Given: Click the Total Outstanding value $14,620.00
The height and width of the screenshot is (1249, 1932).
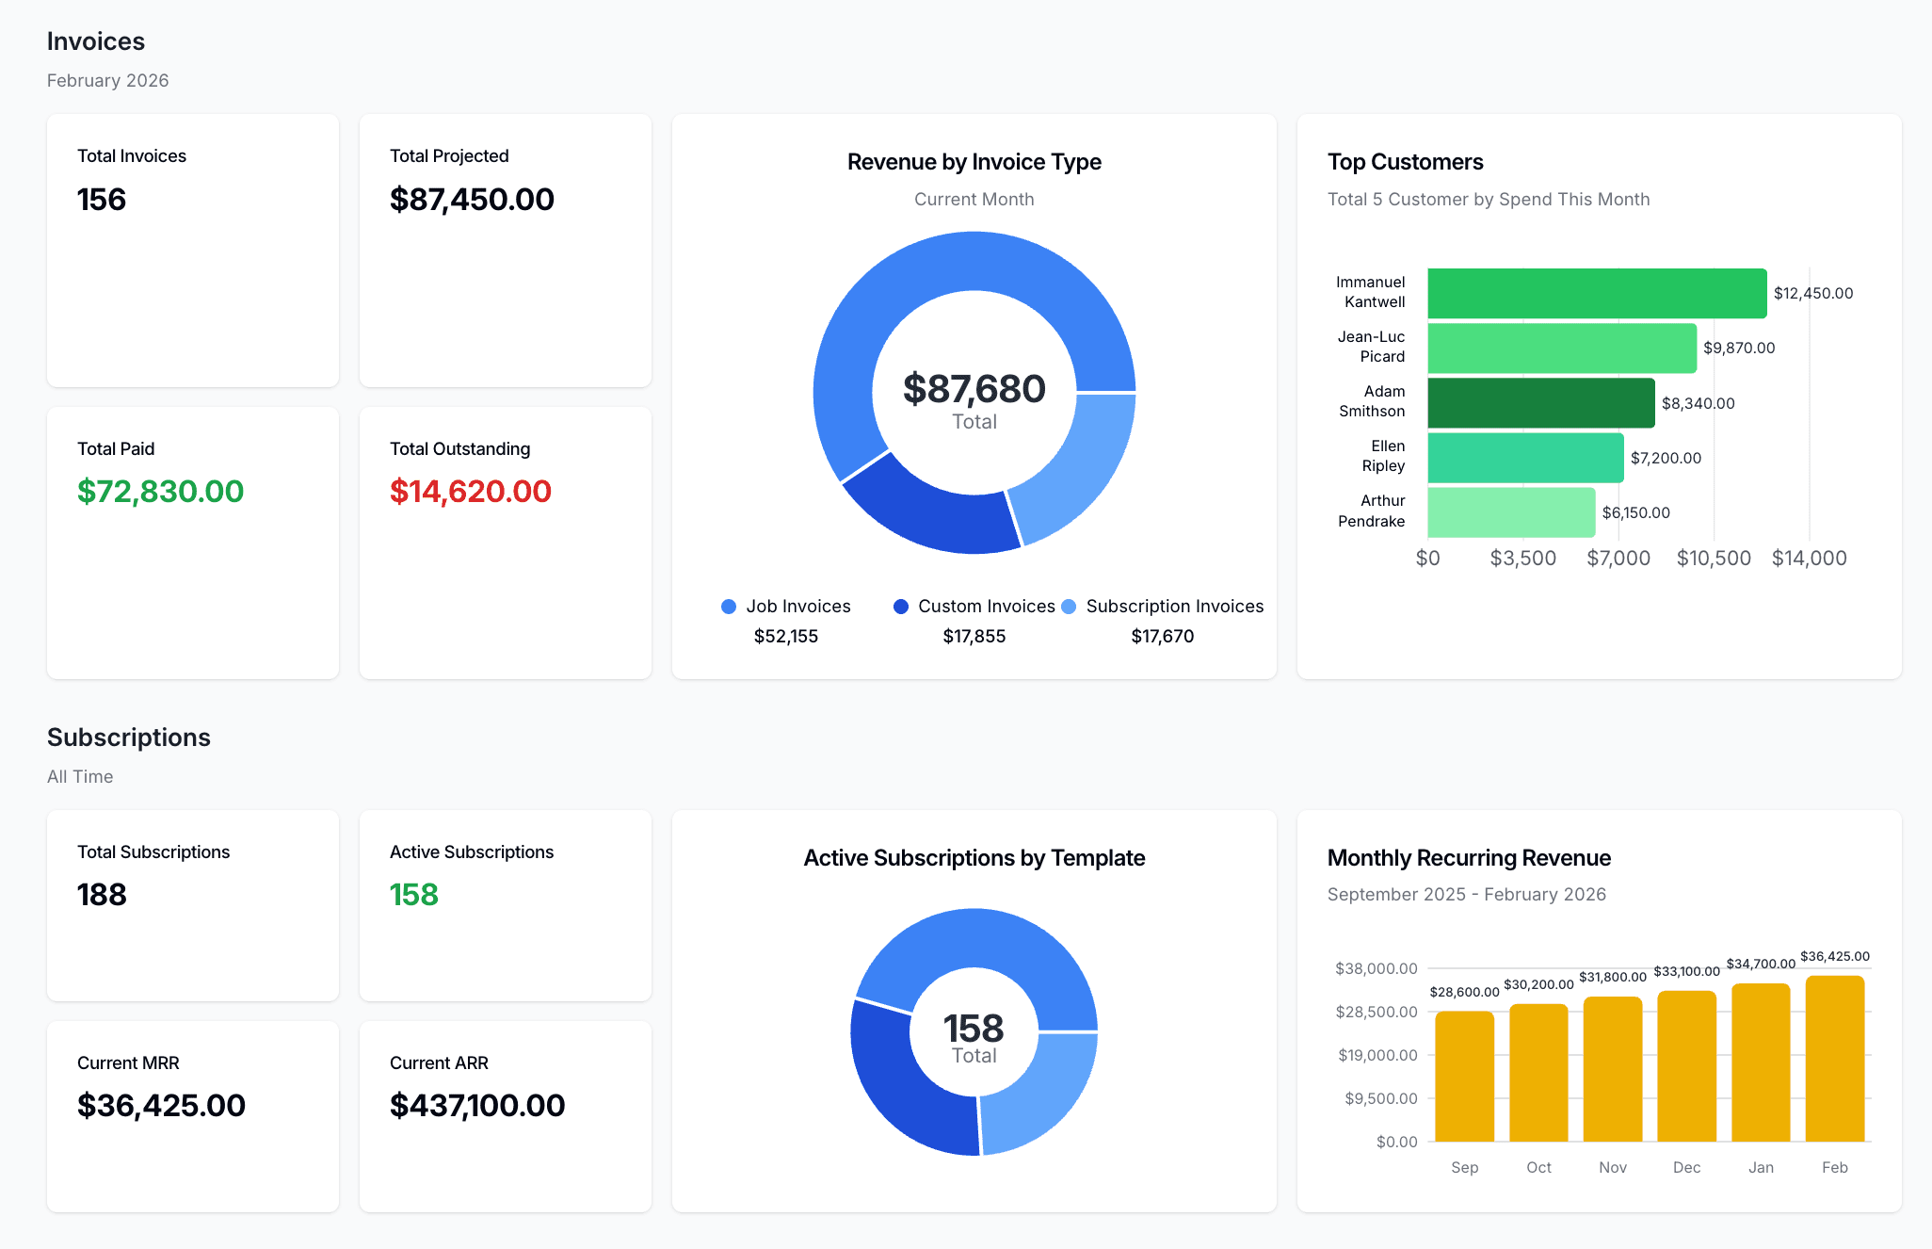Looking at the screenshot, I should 470,492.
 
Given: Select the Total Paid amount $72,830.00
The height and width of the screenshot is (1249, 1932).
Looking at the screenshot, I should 160,492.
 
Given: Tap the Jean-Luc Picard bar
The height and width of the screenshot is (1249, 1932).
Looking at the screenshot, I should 1561,349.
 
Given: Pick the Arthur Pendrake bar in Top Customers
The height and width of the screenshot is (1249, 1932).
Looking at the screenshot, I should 1510,512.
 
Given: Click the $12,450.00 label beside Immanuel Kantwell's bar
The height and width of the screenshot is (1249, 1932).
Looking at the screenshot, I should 1812,294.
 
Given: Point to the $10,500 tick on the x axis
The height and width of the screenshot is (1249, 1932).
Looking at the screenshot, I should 1713,559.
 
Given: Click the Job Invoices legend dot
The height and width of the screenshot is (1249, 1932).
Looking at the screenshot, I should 729,607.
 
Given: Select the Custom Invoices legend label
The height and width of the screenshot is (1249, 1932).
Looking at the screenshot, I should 986,607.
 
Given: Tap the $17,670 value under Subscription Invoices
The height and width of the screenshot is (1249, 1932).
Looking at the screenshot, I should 1162,637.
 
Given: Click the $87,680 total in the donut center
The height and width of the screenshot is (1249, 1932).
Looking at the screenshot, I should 974,389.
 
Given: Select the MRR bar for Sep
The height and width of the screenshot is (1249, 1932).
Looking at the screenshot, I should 1464,1076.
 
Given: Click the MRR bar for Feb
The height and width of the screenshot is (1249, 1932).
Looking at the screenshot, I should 1834,1059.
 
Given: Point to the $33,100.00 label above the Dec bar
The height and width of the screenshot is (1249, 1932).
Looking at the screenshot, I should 1686,971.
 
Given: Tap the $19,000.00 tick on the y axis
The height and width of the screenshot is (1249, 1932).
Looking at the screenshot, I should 1377,1055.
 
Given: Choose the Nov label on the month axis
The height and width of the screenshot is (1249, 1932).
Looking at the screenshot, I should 1612,1168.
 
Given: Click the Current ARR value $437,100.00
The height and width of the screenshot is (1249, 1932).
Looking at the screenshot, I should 477,1106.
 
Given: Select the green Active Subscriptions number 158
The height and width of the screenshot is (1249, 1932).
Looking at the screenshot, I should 414,895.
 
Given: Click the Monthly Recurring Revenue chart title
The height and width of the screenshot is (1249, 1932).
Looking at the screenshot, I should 1469,858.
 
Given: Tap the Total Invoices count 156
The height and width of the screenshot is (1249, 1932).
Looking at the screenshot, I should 102,200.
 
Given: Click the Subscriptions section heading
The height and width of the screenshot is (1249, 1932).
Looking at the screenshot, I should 129,738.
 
